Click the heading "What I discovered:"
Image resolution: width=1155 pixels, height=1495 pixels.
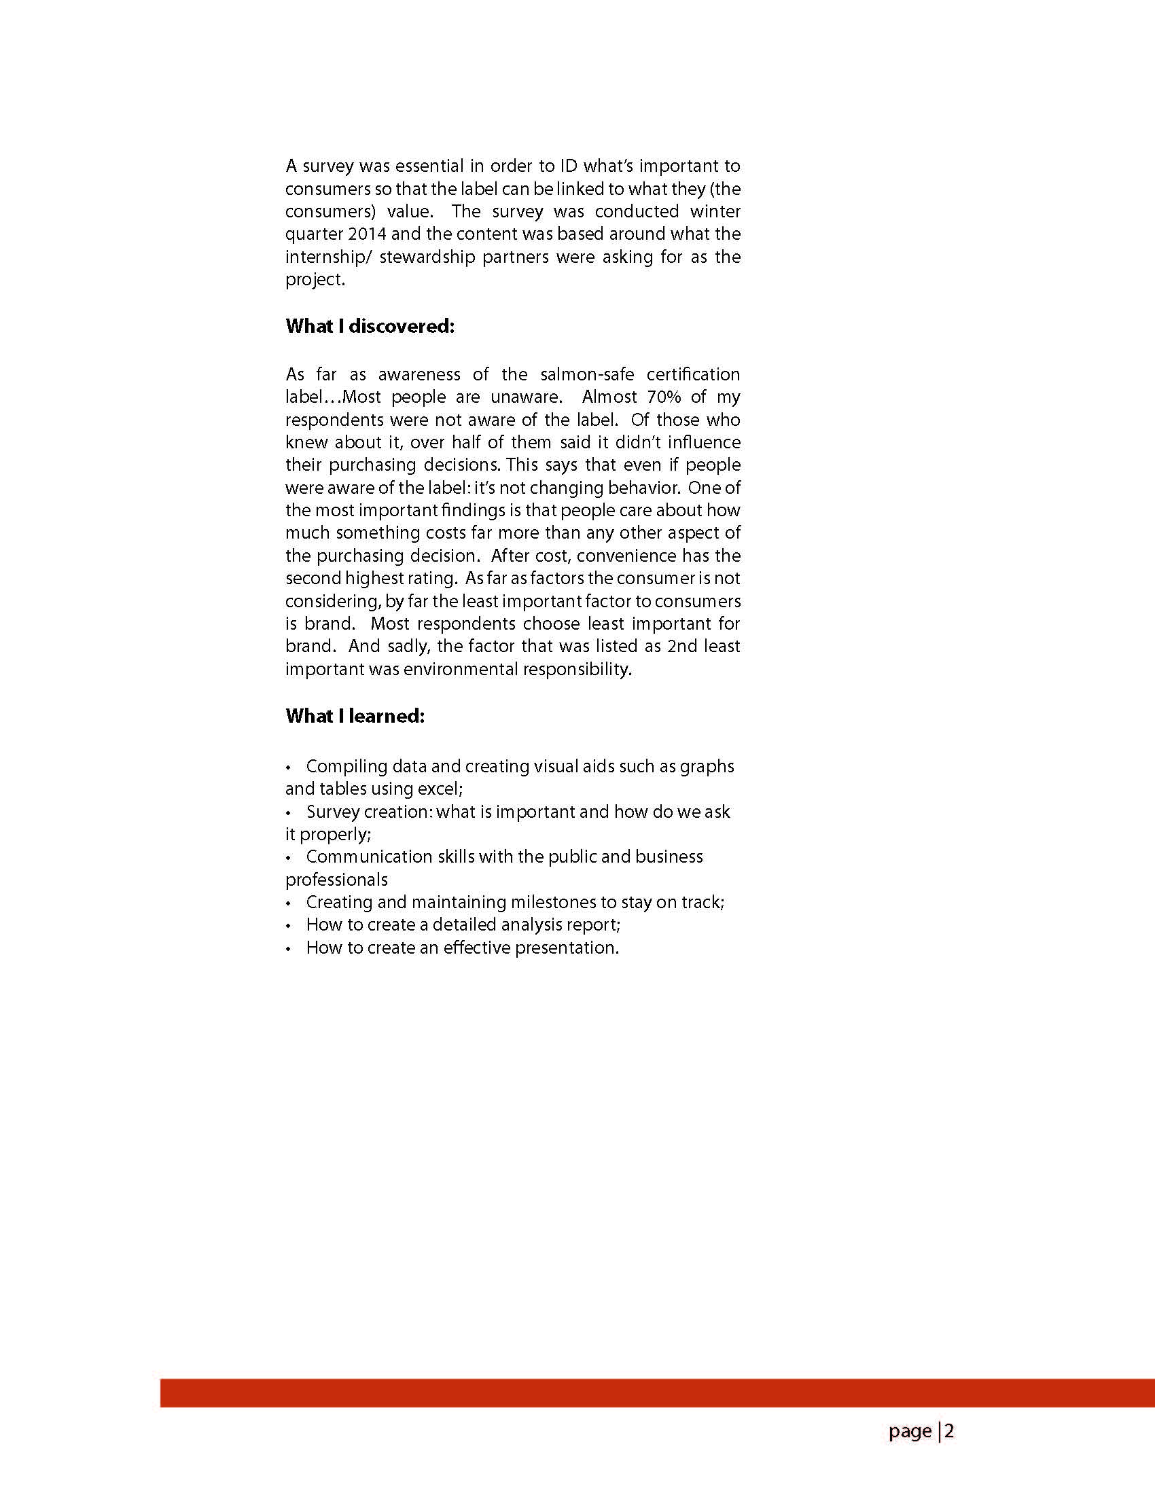coord(370,327)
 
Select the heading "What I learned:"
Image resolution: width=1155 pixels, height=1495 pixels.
coord(355,716)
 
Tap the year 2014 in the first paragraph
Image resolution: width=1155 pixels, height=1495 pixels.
coord(367,234)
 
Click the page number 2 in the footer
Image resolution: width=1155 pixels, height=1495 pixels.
coord(950,1431)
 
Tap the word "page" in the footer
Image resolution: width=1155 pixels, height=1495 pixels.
coord(910,1432)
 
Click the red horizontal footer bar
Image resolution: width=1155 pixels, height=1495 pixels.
coord(657,1393)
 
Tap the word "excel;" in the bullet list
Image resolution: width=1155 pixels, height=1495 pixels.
coord(440,789)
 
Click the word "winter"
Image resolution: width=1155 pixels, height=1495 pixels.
coord(715,211)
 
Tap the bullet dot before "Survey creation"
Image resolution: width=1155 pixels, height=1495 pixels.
coord(289,812)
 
